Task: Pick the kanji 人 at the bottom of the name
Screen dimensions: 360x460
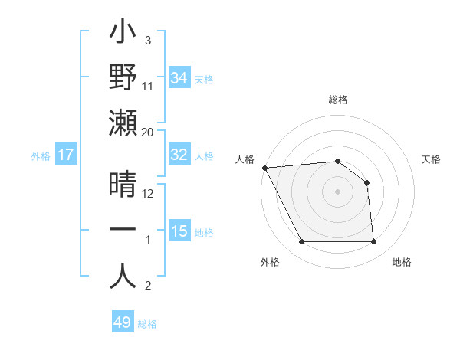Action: (x=123, y=276)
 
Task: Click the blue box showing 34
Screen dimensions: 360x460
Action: (x=179, y=78)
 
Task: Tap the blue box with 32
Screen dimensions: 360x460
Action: (x=179, y=155)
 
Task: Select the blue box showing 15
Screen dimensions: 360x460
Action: (x=179, y=231)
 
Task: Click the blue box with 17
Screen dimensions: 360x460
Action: (x=66, y=155)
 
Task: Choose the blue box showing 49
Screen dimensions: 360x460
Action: (x=123, y=322)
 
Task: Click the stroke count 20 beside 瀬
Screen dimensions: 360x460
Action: (x=148, y=133)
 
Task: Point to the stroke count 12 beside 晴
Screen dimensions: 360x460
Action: (x=148, y=194)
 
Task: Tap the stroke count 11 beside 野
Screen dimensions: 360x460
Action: (x=148, y=87)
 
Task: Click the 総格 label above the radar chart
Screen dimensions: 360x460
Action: (x=337, y=100)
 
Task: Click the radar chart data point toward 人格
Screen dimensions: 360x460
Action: (x=264, y=168)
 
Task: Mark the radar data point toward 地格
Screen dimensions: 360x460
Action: (x=373, y=242)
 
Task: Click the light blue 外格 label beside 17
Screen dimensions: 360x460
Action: (x=41, y=155)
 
